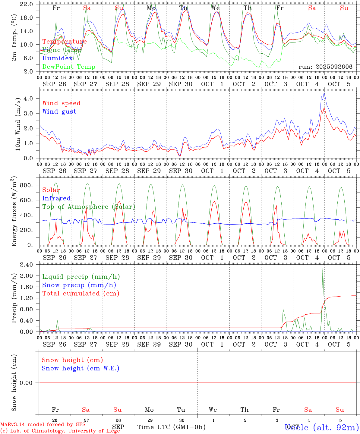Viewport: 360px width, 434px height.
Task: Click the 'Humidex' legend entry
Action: tap(57, 58)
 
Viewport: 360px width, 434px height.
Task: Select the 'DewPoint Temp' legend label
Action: tap(69, 67)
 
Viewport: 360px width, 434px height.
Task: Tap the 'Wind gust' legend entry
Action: tap(59, 112)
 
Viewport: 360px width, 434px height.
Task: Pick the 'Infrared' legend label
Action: tap(56, 198)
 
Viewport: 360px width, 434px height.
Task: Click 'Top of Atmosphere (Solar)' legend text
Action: tap(88, 207)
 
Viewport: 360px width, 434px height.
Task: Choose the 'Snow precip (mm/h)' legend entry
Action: tap(79, 285)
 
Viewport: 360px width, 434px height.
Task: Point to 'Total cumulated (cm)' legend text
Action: tap(81, 294)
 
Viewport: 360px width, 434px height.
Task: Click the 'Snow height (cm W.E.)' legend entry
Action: tap(80, 368)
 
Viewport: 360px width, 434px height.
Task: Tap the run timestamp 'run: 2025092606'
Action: tap(325, 67)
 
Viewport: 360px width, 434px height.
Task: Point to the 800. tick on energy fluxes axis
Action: tap(26, 185)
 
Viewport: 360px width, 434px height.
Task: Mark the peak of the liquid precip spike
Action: tap(323, 268)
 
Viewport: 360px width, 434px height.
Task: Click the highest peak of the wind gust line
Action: tap(324, 93)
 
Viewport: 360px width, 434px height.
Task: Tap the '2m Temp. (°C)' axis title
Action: tap(14, 38)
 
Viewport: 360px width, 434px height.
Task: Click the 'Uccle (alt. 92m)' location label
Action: tap(321, 427)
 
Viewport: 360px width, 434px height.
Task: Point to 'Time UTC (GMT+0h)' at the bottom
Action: tap(171, 427)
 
